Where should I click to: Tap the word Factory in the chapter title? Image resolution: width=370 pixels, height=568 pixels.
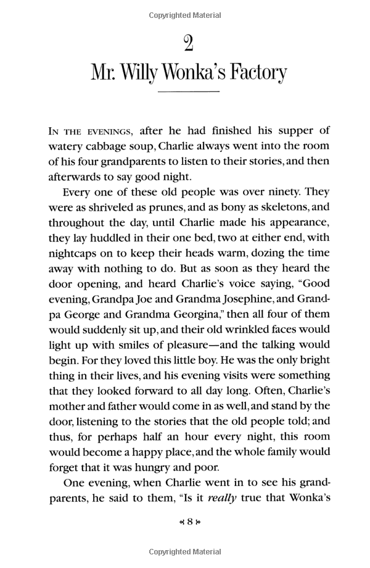[252, 73]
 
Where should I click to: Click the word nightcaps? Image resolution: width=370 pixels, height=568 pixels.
[74, 253]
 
